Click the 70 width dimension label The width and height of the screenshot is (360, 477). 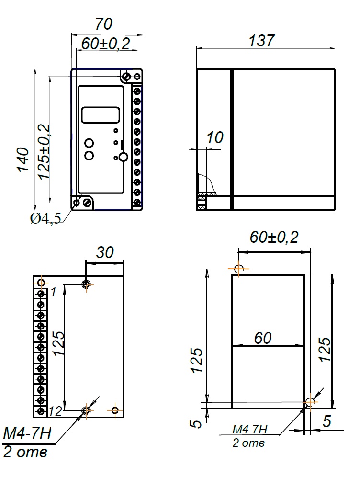point(104,24)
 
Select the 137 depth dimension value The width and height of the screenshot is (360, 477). point(261,40)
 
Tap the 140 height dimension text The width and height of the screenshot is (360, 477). point(23,160)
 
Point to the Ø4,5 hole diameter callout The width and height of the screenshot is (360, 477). point(45,218)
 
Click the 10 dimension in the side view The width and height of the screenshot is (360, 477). point(215,137)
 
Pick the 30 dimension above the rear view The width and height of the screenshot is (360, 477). point(105,252)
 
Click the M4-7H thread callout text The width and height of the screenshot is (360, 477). point(27,432)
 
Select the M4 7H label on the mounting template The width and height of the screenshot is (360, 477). point(249,429)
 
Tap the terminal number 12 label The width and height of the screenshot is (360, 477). point(56,411)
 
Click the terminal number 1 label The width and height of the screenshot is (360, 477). point(54,292)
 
